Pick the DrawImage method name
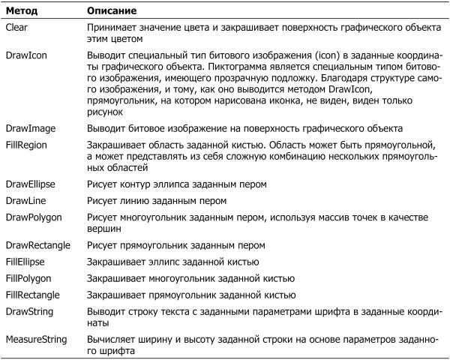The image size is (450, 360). point(29,128)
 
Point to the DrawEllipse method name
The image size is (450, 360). point(31,184)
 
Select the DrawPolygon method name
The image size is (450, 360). point(33,217)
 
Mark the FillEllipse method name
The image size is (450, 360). point(28,261)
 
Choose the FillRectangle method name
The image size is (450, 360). point(34,294)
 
